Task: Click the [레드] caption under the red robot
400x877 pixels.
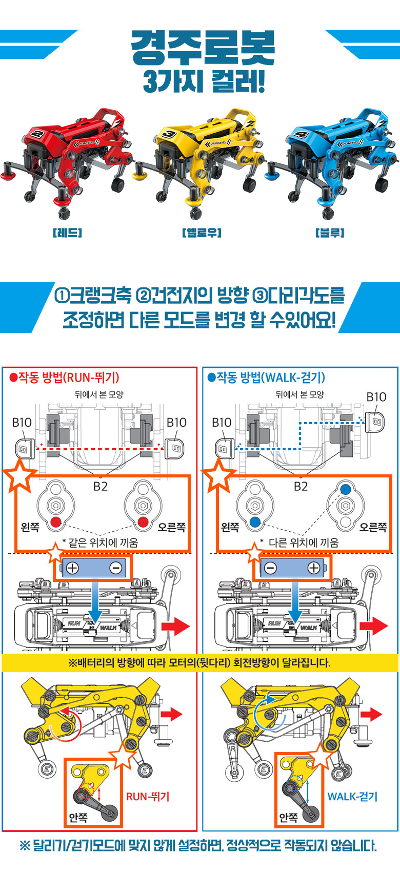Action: [67, 233]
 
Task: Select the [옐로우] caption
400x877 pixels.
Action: [202, 233]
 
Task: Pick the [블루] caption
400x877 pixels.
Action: [330, 233]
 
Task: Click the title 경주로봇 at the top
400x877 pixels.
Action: [203, 48]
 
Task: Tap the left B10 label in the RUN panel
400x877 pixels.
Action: [22, 423]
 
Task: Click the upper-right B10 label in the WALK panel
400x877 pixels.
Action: [376, 397]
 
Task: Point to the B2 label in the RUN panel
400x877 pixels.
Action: [101, 486]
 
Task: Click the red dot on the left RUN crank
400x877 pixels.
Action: [55, 521]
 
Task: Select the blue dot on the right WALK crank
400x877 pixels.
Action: [345, 489]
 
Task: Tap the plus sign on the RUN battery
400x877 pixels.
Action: [72, 568]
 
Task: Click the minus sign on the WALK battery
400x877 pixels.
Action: [270, 568]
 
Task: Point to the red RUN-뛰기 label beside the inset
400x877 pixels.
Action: [148, 797]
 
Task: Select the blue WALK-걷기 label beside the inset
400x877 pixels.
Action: [352, 797]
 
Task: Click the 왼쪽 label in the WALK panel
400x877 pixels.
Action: [230, 527]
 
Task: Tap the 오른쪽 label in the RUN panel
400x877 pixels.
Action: [172, 527]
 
